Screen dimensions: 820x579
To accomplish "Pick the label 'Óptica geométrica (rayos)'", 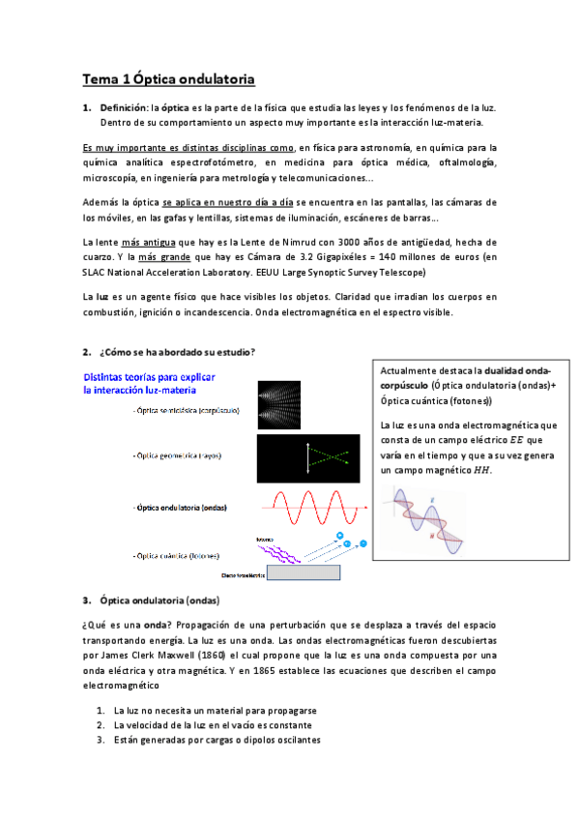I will [187, 454].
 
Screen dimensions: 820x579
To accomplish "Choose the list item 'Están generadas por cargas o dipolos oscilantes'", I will [216, 740].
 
